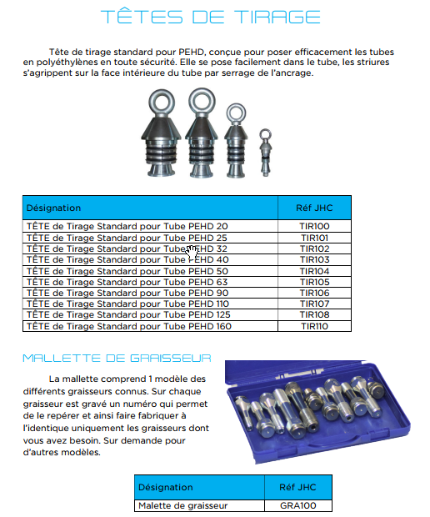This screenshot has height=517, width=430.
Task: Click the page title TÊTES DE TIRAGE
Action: (x=211, y=17)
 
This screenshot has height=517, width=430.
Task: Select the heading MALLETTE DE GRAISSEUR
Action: (x=117, y=358)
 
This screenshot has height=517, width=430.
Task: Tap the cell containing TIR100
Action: (x=314, y=226)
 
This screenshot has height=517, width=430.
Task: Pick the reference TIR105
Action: (x=314, y=282)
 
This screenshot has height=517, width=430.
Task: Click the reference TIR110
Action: (x=314, y=326)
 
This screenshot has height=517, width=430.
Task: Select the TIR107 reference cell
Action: (x=314, y=304)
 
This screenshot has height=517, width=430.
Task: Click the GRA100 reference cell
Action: (x=297, y=505)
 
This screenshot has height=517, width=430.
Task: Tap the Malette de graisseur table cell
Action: (x=199, y=505)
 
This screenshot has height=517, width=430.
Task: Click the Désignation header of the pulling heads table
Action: (x=53, y=208)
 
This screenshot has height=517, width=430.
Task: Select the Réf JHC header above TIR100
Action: (x=314, y=208)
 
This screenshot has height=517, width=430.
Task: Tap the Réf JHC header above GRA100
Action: (x=297, y=487)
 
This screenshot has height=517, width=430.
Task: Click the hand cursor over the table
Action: (x=192, y=253)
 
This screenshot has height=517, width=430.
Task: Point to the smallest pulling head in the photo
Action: (x=265, y=153)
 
